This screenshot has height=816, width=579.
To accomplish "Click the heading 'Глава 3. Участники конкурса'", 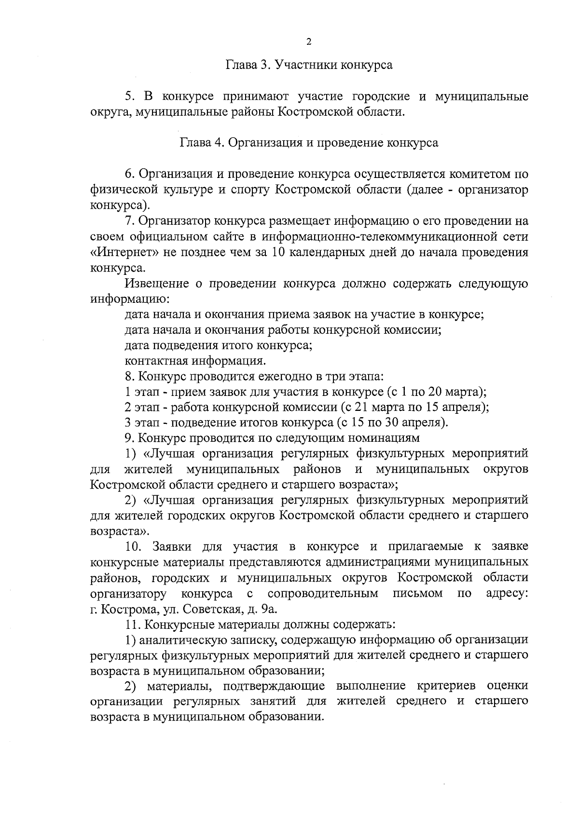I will pyautogui.click(x=309, y=65).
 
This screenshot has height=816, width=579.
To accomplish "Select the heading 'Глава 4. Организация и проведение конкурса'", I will pyautogui.click(x=309, y=143).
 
